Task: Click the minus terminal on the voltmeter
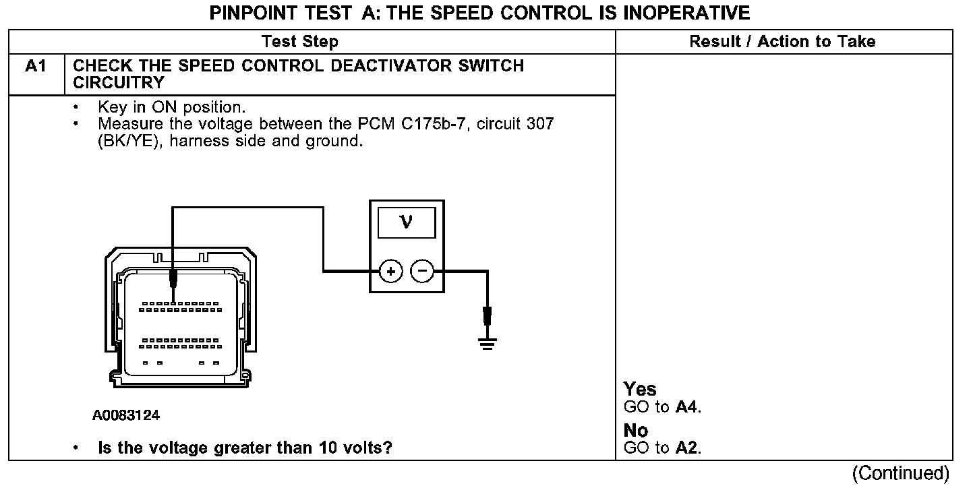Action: pos(422,272)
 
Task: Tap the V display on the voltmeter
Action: pos(406,222)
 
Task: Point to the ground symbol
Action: pos(487,344)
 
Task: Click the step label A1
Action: pos(36,67)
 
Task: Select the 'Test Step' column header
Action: pos(300,42)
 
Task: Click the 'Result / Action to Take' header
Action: pos(782,42)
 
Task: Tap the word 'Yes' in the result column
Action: pos(640,390)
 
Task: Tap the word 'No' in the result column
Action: pos(636,431)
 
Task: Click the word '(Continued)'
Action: pos(900,474)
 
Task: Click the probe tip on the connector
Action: pos(174,278)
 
